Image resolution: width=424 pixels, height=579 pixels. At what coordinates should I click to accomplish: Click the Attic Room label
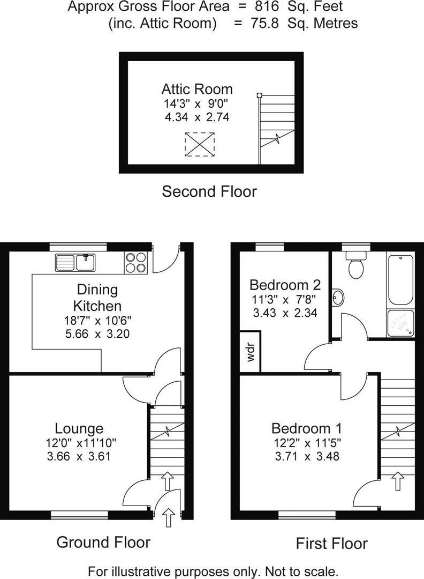(x=197, y=89)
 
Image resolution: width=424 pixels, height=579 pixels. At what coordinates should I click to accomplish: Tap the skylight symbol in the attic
(x=200, y=144)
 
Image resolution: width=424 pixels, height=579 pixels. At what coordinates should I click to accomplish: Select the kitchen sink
(x=75, y=263)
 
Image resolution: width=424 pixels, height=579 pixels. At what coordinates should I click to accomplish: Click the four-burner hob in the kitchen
(x=136, y=263)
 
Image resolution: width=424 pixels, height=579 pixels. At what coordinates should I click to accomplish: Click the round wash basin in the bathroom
(x=338, y=297)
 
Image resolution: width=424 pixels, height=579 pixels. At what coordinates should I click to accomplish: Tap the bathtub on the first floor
(x=400, y=279)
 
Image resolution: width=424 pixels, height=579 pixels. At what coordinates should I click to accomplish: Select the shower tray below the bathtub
(x=400, y=323)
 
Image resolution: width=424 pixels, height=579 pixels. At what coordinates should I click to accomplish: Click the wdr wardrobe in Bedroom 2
(x=251, y=352)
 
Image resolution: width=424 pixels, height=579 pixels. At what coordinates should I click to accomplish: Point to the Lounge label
(x=79, y=428)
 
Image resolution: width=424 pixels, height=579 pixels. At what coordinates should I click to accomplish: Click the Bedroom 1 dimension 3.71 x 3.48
(x=307, y=456)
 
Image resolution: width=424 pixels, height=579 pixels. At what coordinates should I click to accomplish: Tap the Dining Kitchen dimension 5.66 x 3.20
(x=97, y=334)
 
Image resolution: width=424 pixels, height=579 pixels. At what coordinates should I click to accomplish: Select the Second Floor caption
(x=209, y=191)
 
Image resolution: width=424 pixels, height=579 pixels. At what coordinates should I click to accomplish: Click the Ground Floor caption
(x=103, y=542)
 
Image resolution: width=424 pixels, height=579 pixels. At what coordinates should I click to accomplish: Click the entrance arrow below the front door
(x=169, y=517)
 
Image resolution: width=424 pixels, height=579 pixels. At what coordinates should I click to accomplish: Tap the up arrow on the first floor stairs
(x=397, y=481)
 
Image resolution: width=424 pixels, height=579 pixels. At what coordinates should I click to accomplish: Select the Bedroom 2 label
(x=285, y=285)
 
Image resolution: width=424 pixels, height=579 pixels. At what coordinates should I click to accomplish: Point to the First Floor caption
(x=332, y=544)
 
